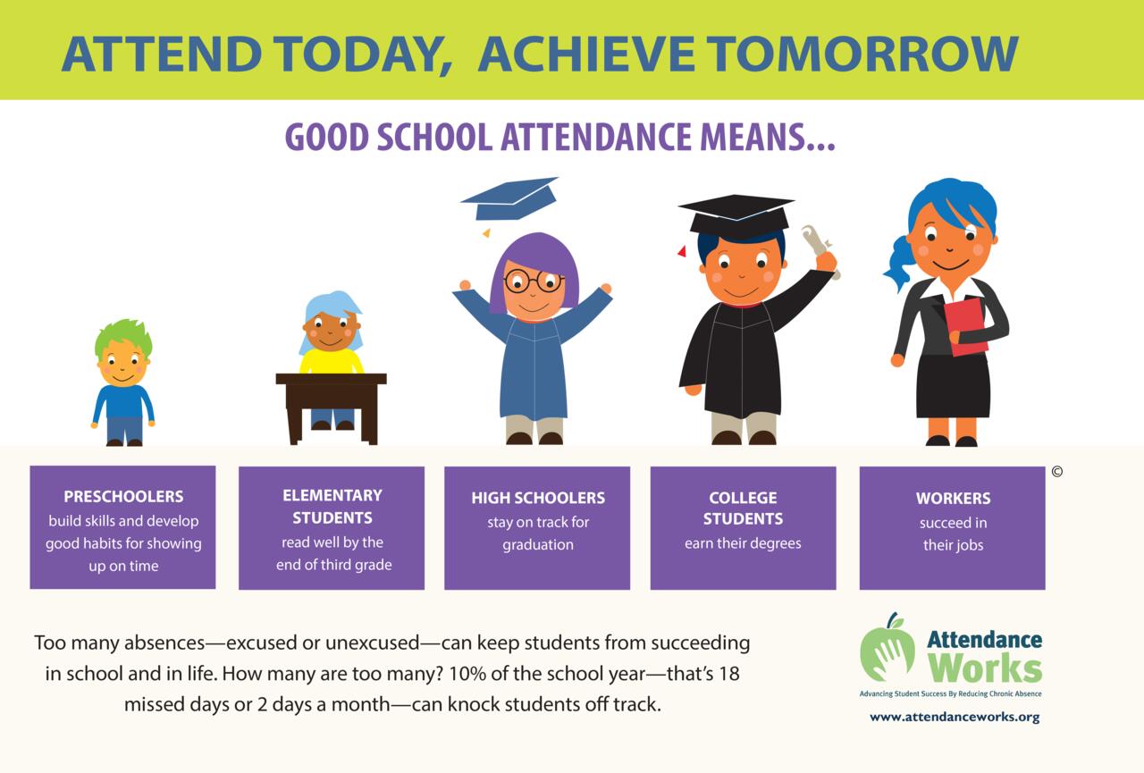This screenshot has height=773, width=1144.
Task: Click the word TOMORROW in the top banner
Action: coord(862,55)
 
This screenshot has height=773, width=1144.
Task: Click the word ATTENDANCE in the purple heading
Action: coord(596,137)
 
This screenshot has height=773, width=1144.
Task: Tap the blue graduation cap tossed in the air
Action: coord(509,198)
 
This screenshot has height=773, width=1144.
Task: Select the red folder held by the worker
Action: coord(964,327)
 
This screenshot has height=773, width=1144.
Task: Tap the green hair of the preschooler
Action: coord(123,337)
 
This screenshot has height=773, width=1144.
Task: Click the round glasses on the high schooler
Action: coord(534,281)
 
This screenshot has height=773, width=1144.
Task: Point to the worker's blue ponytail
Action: coord(899,263)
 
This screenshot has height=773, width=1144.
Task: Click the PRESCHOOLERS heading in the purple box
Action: coord(123,496)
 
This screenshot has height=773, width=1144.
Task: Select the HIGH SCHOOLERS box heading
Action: coord(538,498)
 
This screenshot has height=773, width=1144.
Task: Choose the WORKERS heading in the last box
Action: coord(953,499)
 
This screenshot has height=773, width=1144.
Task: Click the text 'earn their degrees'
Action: coord(743,543)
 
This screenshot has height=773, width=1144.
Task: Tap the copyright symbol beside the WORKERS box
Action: coord(1057,472)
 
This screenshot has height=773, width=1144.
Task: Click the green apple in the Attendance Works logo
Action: coord(887,651)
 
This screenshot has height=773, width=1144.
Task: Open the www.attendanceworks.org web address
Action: coord(955,717)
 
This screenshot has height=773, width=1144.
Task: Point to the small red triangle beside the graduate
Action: coord(682,251)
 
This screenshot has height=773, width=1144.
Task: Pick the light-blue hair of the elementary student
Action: coord(330,314)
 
